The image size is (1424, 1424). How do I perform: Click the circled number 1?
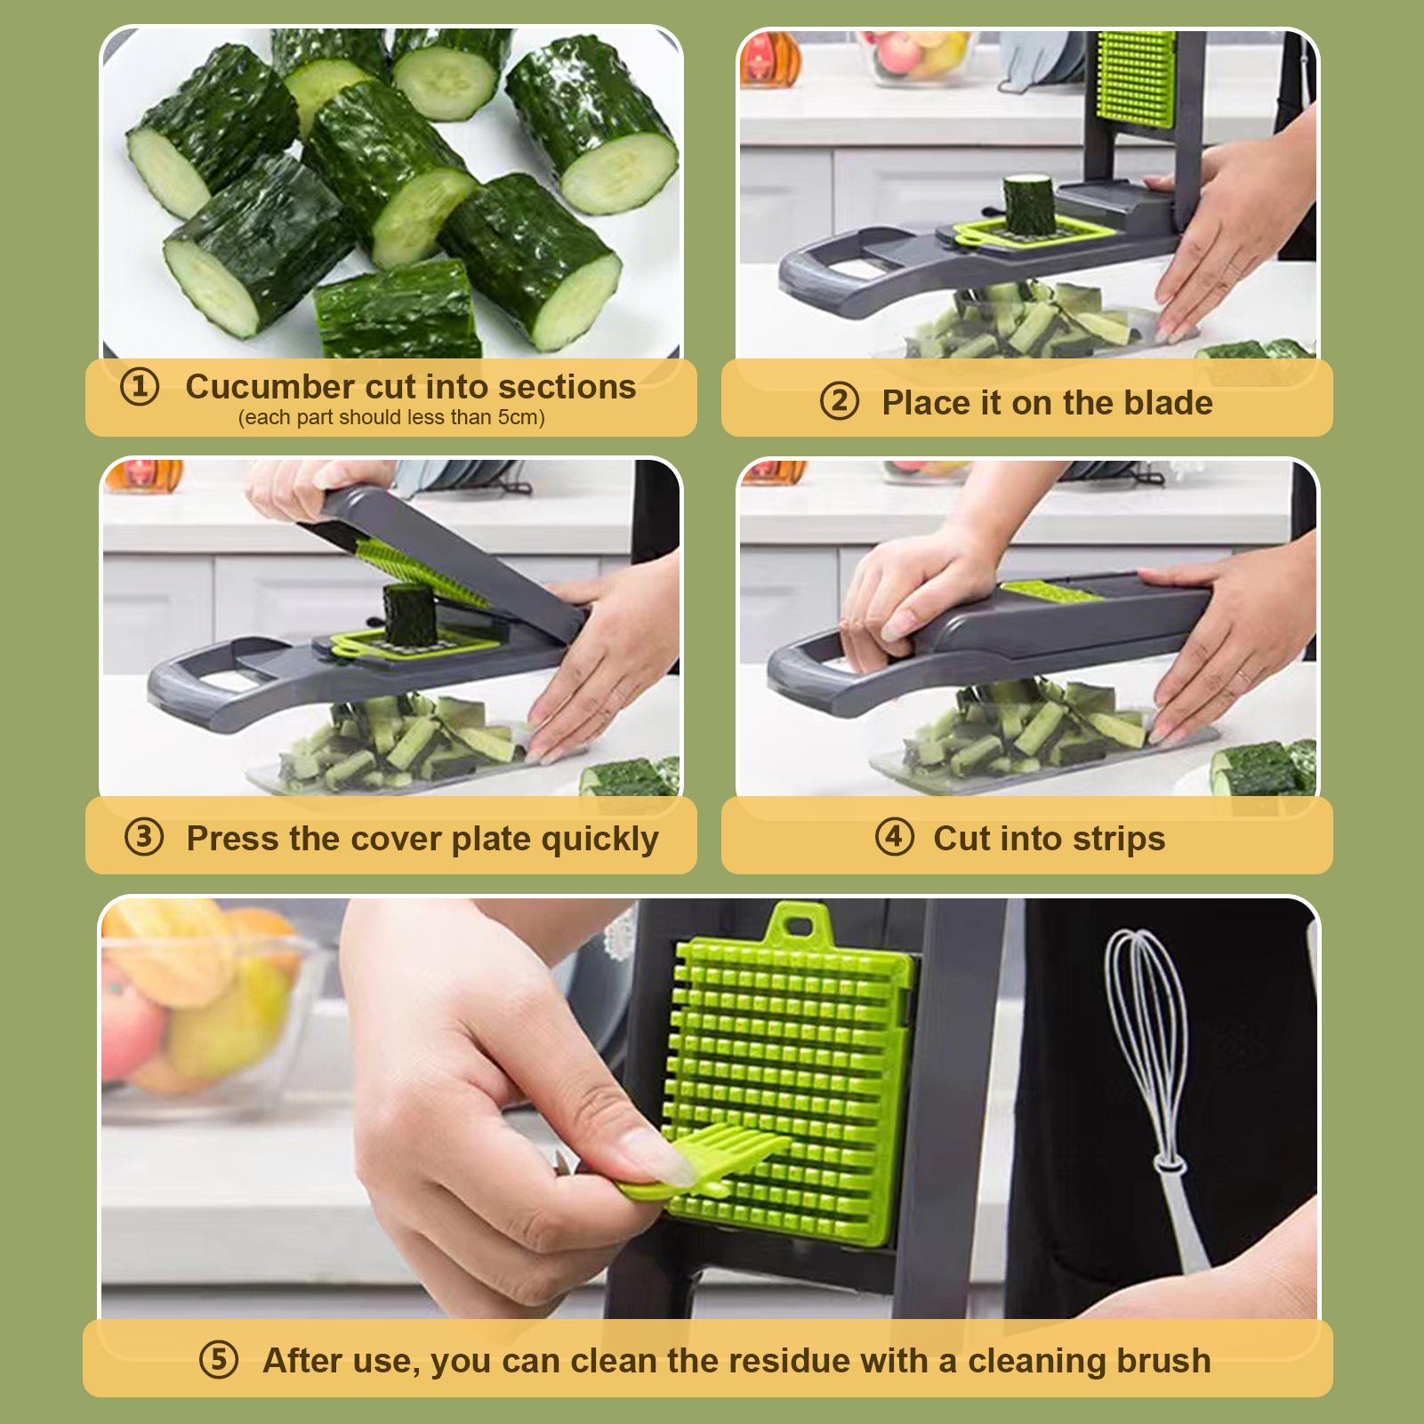[140, 387]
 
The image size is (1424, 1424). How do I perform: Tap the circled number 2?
[839, 402]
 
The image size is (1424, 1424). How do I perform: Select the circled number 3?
[144, 837]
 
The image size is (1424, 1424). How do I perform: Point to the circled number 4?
[894, 837]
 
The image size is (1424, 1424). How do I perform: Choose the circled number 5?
[219, 1360]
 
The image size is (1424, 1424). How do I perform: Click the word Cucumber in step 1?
[270, 387]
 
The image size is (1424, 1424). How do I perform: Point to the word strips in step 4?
[1118, 839]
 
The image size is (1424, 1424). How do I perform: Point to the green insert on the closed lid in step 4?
[1050, 593]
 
